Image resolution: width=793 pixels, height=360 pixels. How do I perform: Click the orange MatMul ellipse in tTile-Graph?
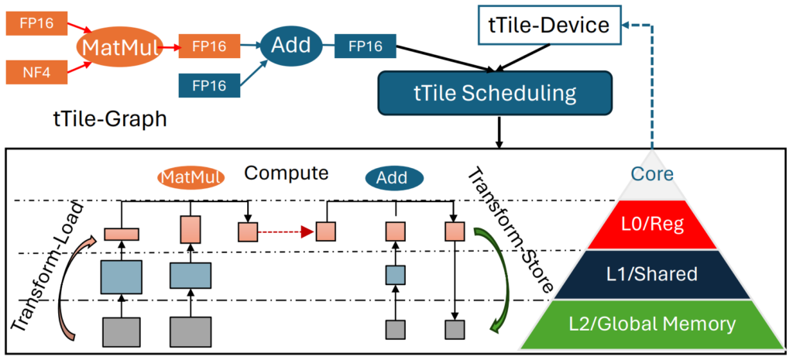(119, 48)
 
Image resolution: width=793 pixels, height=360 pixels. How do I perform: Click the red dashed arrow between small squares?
(287, 231)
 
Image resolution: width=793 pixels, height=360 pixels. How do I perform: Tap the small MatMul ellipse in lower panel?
(191, 177)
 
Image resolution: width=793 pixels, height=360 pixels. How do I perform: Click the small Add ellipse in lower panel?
(393, 178)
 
